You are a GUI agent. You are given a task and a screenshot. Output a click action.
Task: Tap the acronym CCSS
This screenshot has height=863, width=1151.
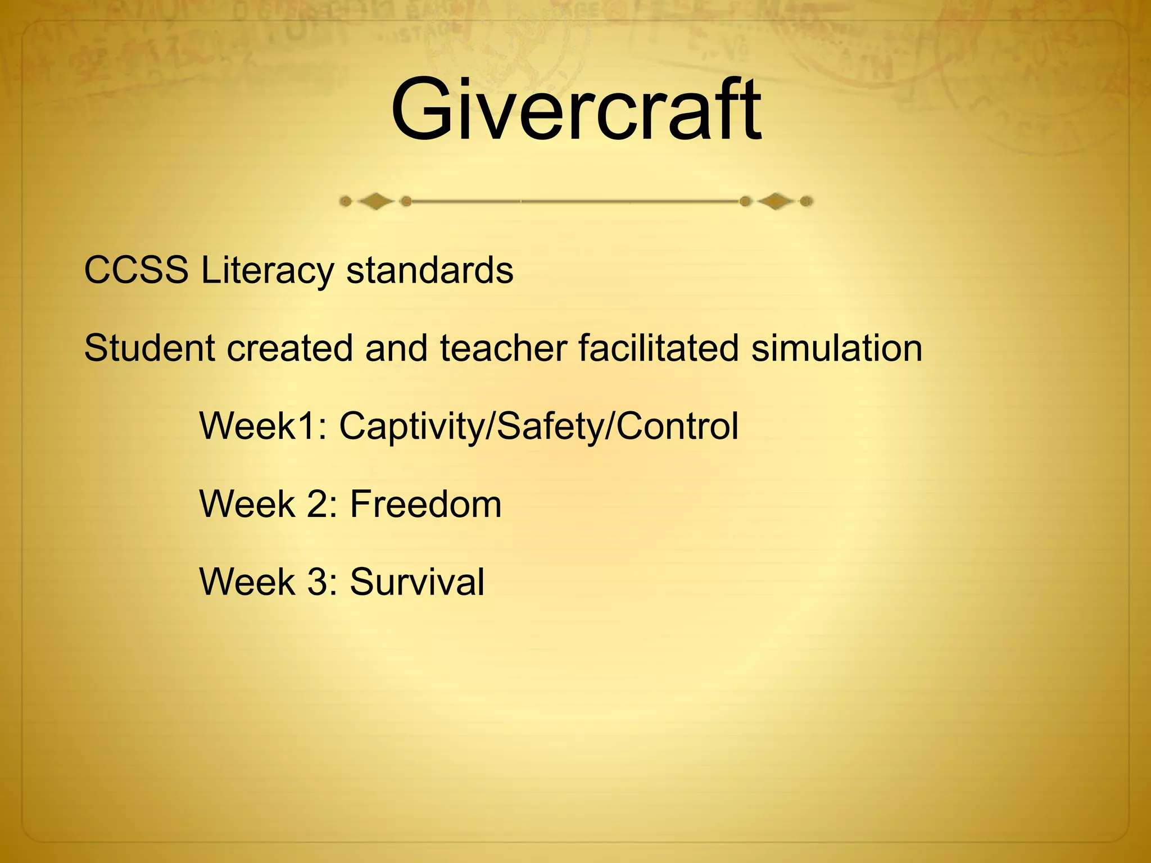tap(136, 270)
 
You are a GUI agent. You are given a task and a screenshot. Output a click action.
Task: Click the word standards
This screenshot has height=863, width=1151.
tap(429, 270)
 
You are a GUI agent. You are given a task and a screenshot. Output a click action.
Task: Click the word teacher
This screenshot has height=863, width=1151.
tap(503, 348)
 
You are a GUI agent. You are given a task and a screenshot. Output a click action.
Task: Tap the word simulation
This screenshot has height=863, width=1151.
tap(837, 348)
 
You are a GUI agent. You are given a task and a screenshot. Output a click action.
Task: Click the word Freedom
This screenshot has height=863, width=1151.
tap(425, 503)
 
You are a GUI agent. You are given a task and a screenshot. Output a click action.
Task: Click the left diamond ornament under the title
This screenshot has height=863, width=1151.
tap(375, 201)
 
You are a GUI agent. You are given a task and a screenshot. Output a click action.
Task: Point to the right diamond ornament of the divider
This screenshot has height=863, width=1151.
tap(776, 201)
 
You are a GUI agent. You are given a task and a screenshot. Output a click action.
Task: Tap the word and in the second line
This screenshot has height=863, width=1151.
tap(396, 348)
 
